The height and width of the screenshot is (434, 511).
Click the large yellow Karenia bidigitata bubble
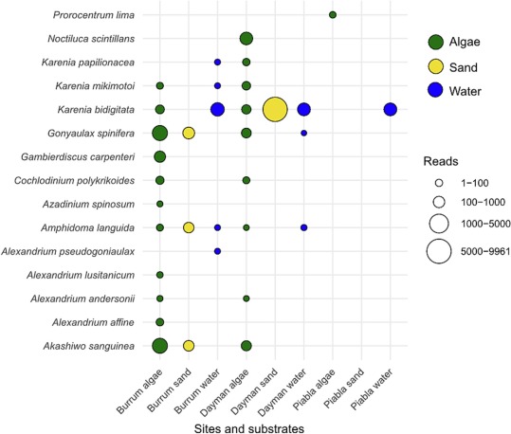(x=275, y=110)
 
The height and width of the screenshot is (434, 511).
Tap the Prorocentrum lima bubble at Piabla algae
(x=333, y=14)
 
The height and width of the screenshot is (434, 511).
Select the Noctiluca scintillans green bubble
(x=246, y=39)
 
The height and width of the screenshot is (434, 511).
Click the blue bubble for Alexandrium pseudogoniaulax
(x=217, y=251)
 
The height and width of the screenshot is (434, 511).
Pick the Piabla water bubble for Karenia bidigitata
(x=390, y=110)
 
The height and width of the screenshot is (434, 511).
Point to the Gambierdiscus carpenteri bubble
(x=159, y=156)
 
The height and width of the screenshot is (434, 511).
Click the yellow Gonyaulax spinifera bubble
(x=189, y=134)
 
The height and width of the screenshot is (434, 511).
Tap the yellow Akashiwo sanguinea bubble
(x=189, y=346)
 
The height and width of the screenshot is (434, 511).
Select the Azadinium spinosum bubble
(x=159, y=204)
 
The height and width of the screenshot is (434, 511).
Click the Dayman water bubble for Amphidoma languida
(x=303, y=227)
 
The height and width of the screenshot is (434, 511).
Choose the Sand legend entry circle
(x=436, y=66)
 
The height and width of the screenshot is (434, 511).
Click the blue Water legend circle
(x=436, y=90)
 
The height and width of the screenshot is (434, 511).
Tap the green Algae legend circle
(x=436, y=42)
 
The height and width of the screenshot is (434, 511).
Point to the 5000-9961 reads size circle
(x=439, y=251)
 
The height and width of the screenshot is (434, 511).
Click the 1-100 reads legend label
(x=474, y=183)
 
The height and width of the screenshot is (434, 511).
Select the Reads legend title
(x=441, y=161)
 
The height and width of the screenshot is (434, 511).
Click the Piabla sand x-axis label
(x=344, y=389)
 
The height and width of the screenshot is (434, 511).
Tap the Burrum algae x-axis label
(x=139, y=391)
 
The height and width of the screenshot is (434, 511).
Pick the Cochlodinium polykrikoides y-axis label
(x=74, y=180)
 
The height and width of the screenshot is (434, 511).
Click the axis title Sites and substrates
(x=249, y=428)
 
